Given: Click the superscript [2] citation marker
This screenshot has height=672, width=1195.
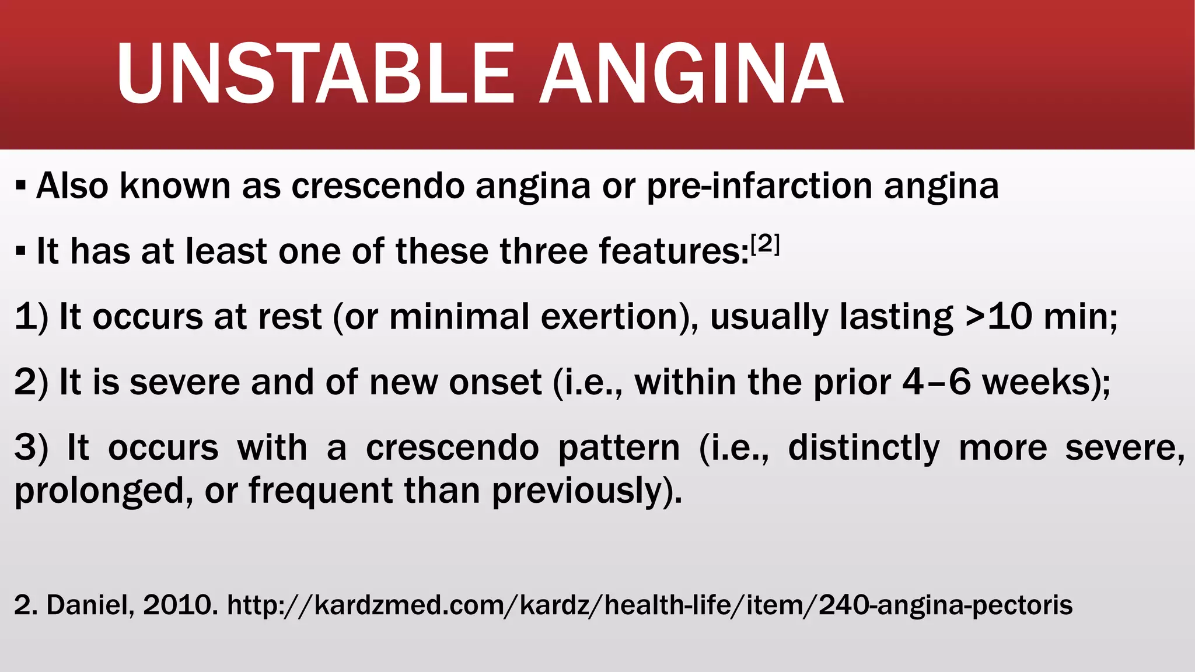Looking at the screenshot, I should pyautogui.click(x=765, y=245).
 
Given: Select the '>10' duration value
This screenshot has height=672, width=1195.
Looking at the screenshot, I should pyautogui.click(x=998, y=317).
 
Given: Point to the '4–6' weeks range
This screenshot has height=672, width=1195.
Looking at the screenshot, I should pyautogui.click(x=937, y=383).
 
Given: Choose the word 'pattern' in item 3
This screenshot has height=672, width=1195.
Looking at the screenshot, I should pyautogui.click(x=619, y=448).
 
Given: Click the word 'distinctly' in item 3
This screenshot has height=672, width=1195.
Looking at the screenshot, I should pyautogui.click(x=864, y=448).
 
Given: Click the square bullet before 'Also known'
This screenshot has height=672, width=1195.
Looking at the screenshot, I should pyautogui.click(x=21, y=187).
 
